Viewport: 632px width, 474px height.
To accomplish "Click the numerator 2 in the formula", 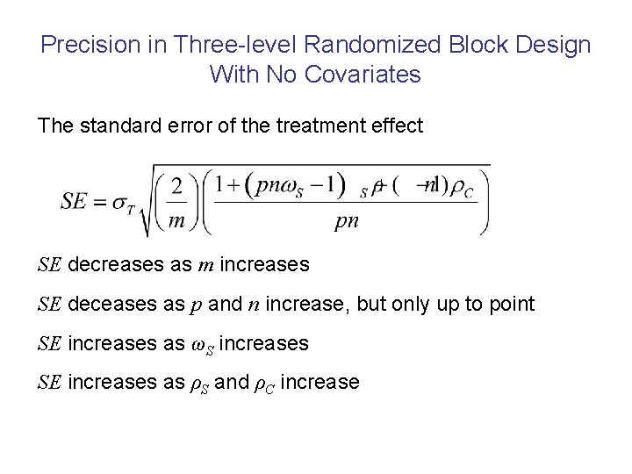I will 177,186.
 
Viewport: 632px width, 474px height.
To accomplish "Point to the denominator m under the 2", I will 177,220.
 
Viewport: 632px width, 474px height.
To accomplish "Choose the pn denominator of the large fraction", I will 347,221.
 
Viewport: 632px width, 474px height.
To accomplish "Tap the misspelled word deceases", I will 106,305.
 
